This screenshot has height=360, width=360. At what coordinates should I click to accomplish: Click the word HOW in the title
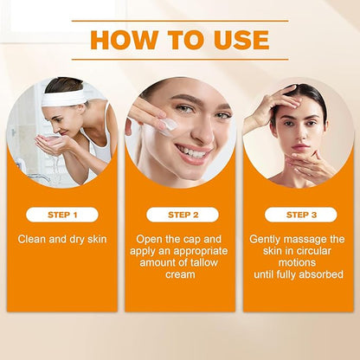[x=124, y=40]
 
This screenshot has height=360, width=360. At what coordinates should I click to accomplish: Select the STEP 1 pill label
[x=62, y=215]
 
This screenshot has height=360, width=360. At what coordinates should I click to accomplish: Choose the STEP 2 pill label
[x=183, y=215]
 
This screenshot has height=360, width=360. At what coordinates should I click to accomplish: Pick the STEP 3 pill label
[x=301, y=215]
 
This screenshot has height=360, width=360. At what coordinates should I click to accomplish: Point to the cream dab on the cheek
[x=168, y=127]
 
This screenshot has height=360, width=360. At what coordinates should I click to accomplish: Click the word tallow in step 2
[x=202, y=263]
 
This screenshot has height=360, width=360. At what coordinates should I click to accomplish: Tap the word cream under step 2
[x=180, y=274]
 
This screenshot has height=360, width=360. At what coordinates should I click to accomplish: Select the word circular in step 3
[x=312, y=251]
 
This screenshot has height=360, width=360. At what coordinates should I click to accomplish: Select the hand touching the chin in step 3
[x=309, y=165]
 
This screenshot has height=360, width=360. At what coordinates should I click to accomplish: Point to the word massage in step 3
[x=305, y=240]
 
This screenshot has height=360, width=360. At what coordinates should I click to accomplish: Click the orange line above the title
[x=180, y=21]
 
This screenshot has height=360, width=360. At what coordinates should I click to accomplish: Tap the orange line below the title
[x=180, y=60]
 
